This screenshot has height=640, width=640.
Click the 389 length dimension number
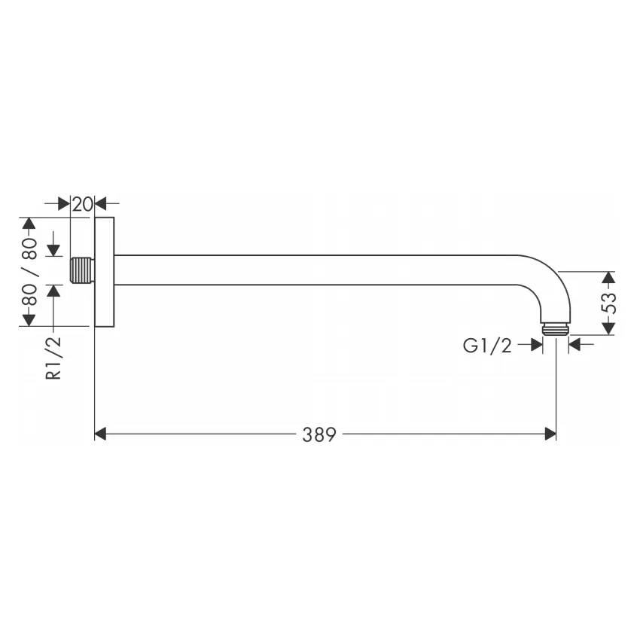(x=318, y=434)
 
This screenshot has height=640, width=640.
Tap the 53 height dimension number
(x=608, y=303)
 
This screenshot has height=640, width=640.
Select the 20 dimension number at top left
(x=83, y=204)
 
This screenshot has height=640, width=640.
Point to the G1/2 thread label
(x=487, y=346)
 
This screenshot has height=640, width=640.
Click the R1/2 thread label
(x=53, y=358)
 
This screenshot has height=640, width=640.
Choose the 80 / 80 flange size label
(x=29, y=271)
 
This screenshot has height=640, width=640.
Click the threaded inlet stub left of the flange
(x=83, y=270)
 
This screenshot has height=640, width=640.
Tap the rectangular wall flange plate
(x=105, y=272)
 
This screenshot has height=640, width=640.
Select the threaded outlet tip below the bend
(x=556, y=329)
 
